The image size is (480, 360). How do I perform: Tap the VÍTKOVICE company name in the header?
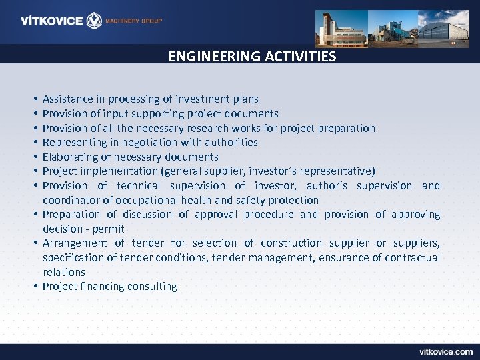[x=51, y=21]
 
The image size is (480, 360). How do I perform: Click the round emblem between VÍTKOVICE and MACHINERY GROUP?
[x=95, y=21]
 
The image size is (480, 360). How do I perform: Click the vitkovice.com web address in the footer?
[x=446, y=351]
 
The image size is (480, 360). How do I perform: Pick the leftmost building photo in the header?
[x=341, y=27]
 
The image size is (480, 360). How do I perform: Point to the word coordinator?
[x=70, y=200]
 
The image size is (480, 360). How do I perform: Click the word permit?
[x=109, y=229]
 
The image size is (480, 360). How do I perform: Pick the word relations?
[x=64, y=272]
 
